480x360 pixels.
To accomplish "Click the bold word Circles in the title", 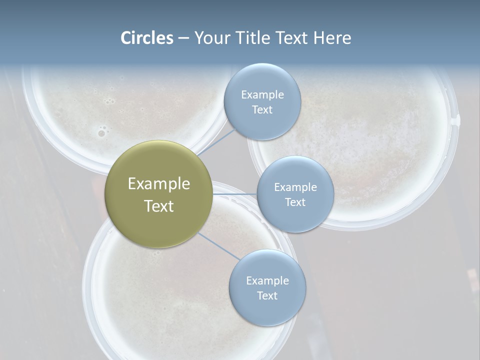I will [x=146, y=38].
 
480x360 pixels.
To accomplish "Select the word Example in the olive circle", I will [x=159, y=184].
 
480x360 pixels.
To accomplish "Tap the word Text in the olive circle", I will [x=159, y=206].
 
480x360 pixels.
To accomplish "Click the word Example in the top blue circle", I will [x=262, y=95].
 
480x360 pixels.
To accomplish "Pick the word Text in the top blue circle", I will [x=262, y=110].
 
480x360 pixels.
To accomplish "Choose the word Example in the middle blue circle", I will [x=295, y=187].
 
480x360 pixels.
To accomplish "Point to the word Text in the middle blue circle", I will [x=295, y=202].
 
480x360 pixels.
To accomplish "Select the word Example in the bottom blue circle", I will [x=267, y=281].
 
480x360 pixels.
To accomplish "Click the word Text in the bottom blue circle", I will [x=267, y=296].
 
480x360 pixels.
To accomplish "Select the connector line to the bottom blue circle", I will [x=219, y=245].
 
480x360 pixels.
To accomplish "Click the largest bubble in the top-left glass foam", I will [x=101, y=133].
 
